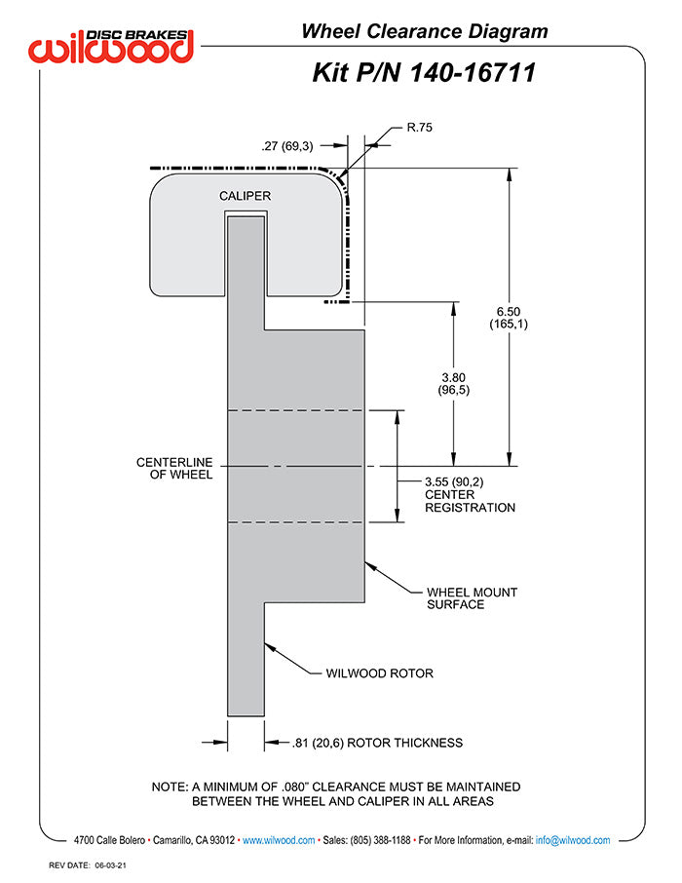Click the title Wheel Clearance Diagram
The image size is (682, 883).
coord(424,31)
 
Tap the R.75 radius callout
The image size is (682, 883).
coord(420,127)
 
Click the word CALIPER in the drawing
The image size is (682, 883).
coord(245,196)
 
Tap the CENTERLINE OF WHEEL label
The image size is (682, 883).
coord(174,468)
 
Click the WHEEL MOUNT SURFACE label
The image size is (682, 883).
coord(472,597)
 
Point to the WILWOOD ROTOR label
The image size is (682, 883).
coord(379,672)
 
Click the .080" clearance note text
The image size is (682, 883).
coord(336,793)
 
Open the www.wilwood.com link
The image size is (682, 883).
coord(279,840)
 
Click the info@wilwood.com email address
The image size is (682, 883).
coord(573,840)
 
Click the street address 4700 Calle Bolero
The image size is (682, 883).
coord(112,840)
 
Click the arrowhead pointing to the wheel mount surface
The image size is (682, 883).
coord(368,563)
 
